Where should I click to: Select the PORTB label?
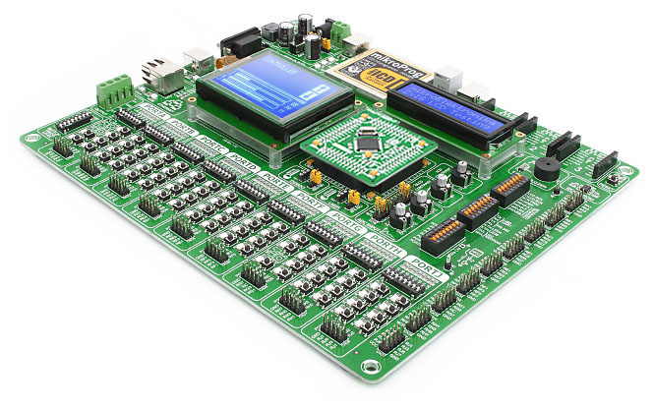183,126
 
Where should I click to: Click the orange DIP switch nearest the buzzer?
510,186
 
